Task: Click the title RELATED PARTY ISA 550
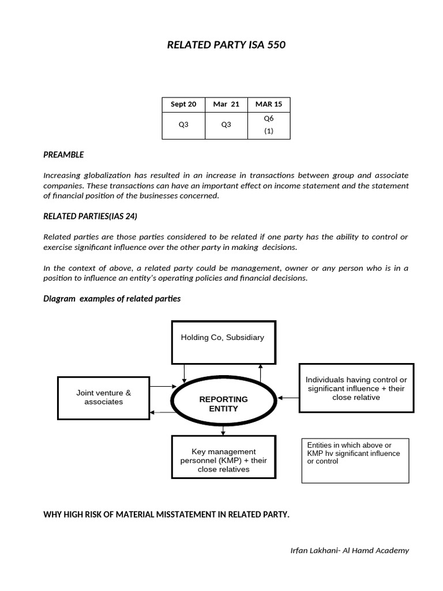[226, 44]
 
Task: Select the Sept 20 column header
[183, 104]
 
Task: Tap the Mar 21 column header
[226, 104]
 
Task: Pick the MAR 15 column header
[268, 104]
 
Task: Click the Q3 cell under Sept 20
[183, 125]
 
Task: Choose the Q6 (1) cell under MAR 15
[268, 125]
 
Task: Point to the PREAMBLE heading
[63, 155]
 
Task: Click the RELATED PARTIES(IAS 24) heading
[90, 216]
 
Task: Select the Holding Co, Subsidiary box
[223, 342]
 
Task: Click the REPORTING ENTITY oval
[223, 403]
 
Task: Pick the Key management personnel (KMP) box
[223, 460]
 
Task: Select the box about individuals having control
[356, 388]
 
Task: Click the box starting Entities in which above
[355, 460]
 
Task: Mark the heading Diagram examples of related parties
[112, 298]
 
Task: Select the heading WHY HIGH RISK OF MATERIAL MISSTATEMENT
[166, 514]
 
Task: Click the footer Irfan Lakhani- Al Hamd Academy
[350, 550]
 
